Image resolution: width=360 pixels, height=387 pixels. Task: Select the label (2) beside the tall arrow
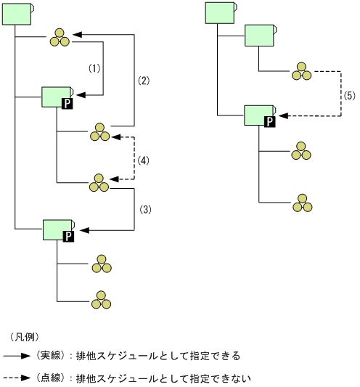144,81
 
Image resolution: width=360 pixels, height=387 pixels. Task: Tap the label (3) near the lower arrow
144,209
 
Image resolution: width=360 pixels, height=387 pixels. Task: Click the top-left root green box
17,13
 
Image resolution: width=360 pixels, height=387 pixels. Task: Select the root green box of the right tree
219,13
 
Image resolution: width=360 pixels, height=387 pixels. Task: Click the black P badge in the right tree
269,121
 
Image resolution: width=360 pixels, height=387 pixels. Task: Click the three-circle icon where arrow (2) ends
60,37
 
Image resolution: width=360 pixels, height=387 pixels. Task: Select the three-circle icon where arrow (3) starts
99,182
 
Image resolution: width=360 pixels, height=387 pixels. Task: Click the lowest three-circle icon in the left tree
100,298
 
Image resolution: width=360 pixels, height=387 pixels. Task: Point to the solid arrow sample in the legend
17,356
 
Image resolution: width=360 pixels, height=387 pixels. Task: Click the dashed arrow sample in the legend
17,378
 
